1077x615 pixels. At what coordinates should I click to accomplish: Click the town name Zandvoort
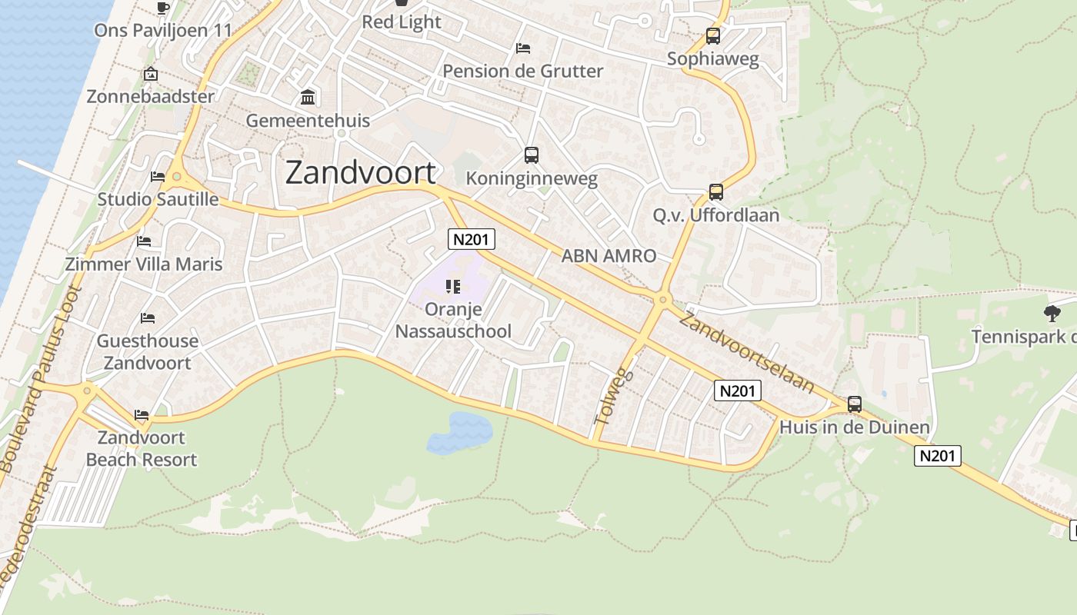[x=360, y=173]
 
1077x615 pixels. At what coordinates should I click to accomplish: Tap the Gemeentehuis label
[x=308, y=121]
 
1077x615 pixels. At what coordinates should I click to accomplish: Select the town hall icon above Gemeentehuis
[x=308, y=98]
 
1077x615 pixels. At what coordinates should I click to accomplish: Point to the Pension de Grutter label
[x=522, y=71]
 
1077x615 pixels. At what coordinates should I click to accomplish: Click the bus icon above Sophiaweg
[x=713, y=36]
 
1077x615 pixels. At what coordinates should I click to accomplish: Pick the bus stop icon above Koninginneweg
[x=531, y=155]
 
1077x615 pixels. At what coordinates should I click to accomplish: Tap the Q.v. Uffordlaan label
[x=715, y=215]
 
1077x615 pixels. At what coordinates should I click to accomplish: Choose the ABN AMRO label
[x=609, y=256]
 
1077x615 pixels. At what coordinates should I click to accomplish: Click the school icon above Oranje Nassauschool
[x=453, y=287]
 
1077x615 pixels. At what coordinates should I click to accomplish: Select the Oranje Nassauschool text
[x=453, y=321]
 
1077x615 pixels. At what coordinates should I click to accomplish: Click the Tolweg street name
[x=614, y=397]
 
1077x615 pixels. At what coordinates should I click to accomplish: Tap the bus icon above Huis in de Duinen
[x=854, y=404]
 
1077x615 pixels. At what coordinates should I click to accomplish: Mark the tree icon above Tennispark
[x=1052, y=313]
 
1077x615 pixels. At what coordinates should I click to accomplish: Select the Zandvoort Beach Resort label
[x=142, y=449]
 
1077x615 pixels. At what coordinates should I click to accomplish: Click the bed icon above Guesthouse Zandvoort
[x=147, y=318]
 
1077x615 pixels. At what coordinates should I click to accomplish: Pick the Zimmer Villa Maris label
[x=144, y=264]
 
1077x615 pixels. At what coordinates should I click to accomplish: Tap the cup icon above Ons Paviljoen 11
[x=162, y=8]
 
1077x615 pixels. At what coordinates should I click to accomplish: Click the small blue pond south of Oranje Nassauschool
[x=460, y=432]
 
